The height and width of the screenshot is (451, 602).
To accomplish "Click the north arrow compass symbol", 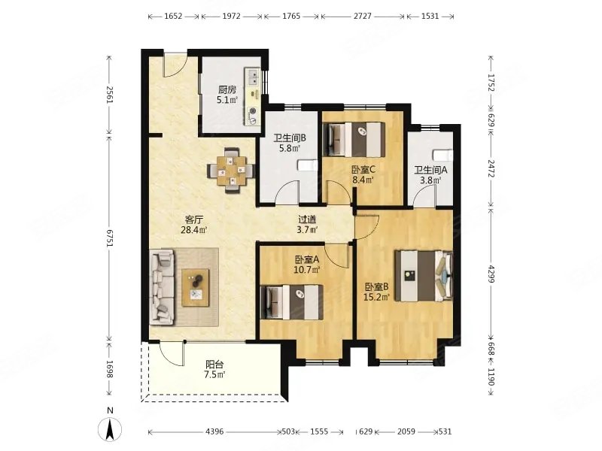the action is tap(110, 428).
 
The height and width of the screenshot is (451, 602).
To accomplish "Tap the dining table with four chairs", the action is tap(231, 171).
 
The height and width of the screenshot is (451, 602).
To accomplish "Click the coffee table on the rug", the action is tap(196, 288).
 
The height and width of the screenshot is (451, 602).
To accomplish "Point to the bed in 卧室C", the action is tap(354, 139).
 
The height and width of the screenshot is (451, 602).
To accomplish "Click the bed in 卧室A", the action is tap(290, 302).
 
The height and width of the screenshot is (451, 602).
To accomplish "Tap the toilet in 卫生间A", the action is tap(442, 156).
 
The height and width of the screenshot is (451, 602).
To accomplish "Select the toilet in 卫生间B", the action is tap(308, 165).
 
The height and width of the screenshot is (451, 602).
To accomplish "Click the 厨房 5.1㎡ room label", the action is tap(227, 95).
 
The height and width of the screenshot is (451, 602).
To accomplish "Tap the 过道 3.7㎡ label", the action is tap(308, 225).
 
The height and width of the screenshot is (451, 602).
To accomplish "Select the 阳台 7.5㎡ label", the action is tap(214, 369).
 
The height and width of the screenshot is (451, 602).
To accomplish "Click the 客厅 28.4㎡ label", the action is tap(194, 225).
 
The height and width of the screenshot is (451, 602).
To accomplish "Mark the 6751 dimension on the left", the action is tap(110, 238).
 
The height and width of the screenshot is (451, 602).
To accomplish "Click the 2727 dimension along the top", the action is tap(363, 16).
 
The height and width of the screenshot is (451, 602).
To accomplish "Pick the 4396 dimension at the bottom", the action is tap(214, 431).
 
